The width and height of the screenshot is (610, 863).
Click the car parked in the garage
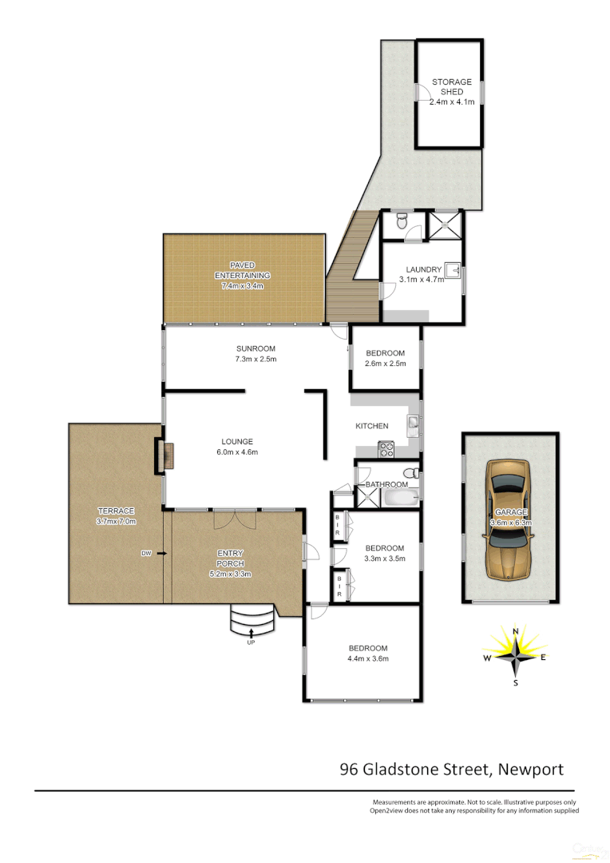tap(510, 519)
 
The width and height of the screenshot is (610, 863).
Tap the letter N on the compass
tap(516, 631)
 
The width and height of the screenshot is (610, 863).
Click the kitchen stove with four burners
tap(386, 449)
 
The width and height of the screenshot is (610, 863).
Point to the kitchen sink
tap(413, 424)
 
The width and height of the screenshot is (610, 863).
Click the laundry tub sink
tap(452, 271)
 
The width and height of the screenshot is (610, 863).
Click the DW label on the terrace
tap(146, 553)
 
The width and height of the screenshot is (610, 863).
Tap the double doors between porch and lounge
tap(234, 518)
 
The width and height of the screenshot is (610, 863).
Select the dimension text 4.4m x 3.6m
tap(367, 658)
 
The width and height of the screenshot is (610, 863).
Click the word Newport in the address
tap(531, 770)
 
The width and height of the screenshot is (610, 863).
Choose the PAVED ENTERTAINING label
tap(243, 269)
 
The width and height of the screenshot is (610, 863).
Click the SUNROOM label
tap(255, 348)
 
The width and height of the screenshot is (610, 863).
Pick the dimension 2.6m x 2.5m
tap(386, 364)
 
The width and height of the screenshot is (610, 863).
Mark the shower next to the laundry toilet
tap(444, 225)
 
